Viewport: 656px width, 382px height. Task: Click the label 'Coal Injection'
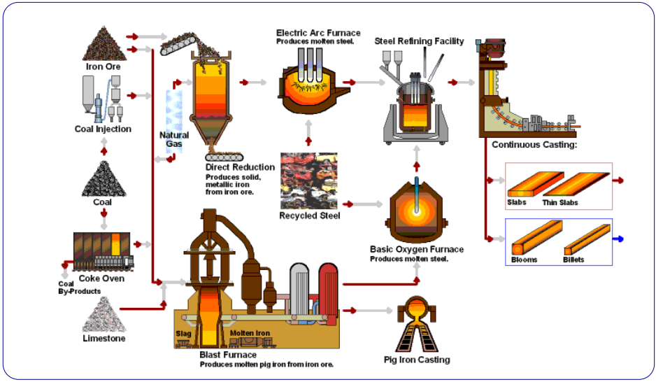(x=103, y=129)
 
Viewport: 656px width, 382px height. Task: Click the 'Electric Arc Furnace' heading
(x=318, y=33)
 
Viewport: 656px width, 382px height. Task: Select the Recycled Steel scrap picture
(x=309, y=180)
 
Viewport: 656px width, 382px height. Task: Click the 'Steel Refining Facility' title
(x=419, y=41)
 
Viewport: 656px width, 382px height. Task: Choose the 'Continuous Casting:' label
(x=534, y=146)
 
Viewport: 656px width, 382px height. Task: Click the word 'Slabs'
(x=517, y=203)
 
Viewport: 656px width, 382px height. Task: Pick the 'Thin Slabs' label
(x=560, y=203)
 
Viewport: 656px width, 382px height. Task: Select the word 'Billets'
(x=573, y=260)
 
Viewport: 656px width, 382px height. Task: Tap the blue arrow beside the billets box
(x=619, y=239)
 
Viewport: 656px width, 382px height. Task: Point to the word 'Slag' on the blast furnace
(x=183, y=333)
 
